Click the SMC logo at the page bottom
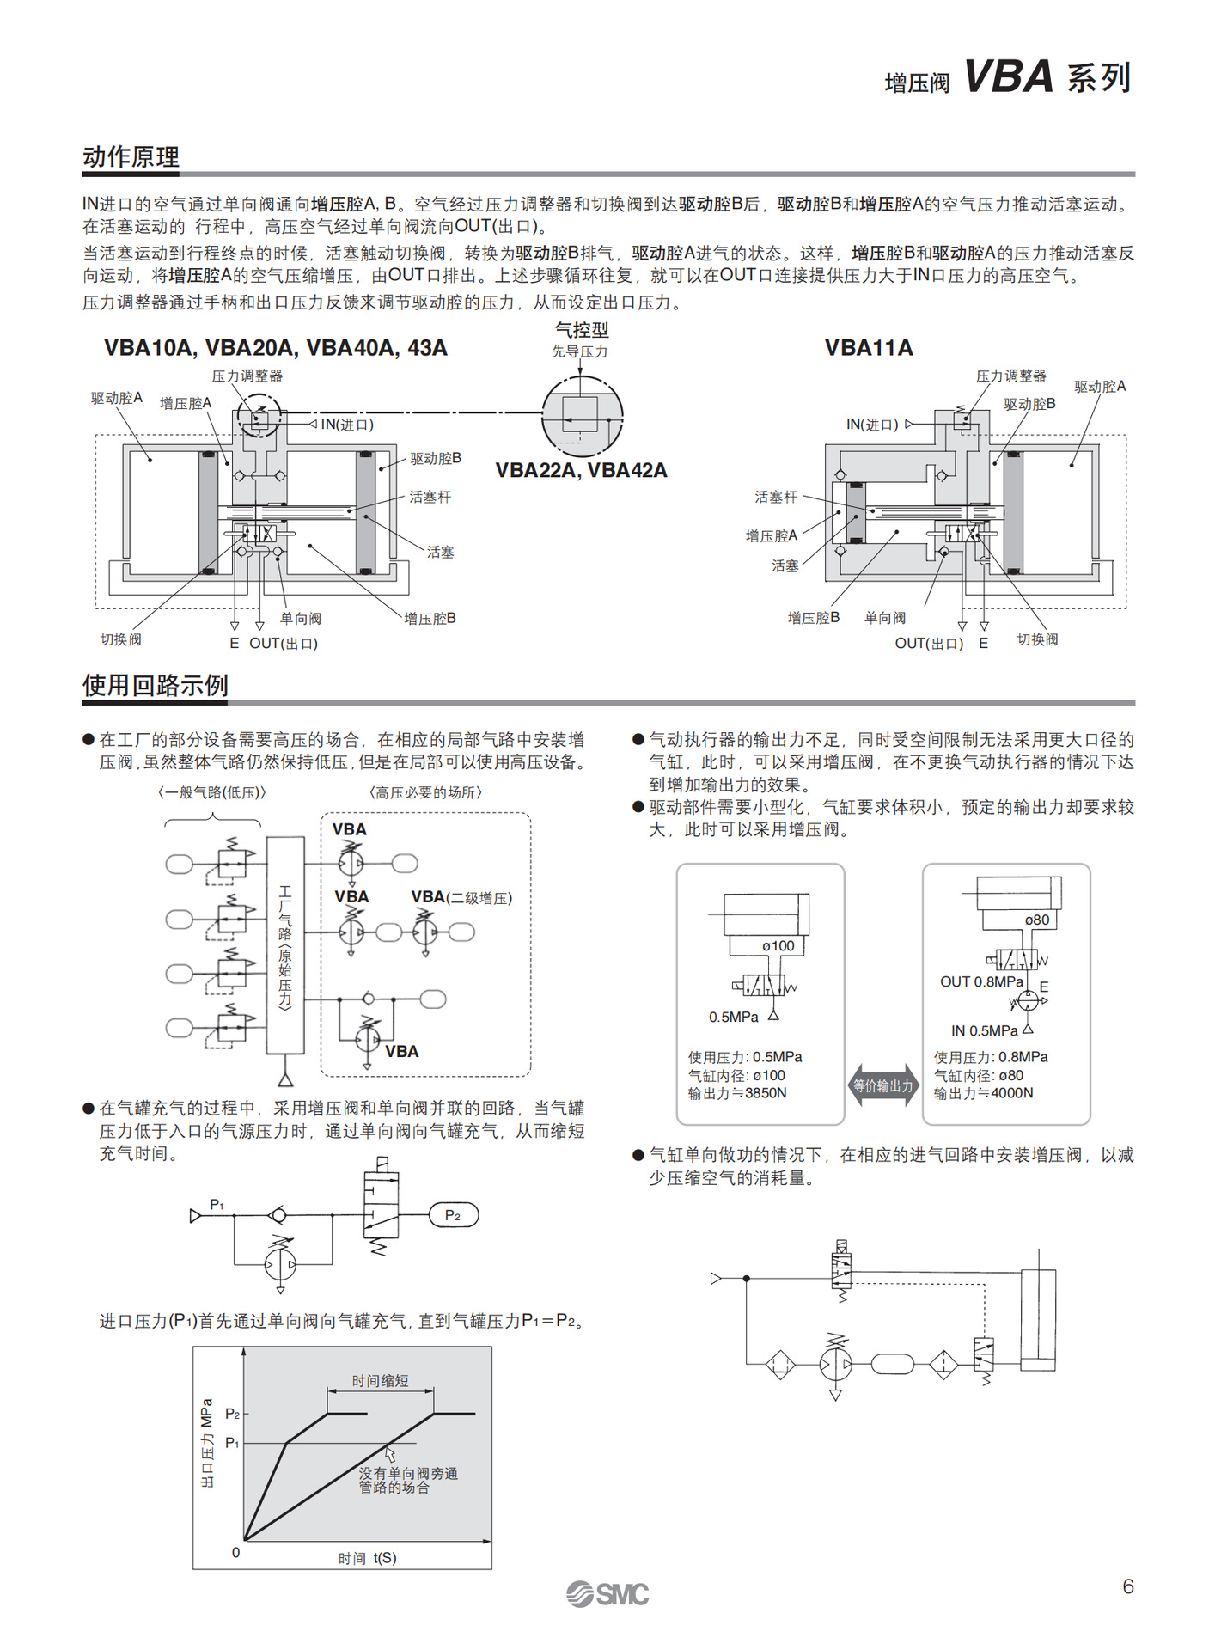[607, 1594]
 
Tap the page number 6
[1128, 1586]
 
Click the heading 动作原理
[131, 157]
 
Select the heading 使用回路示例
[155, 686]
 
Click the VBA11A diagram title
[868, 348]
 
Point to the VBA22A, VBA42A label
[581, 471]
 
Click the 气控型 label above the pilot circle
[582, 330]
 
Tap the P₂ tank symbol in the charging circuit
[453, 1215]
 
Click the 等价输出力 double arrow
[883, 1086]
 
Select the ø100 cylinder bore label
[778, 946]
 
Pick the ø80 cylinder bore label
[1037, 920]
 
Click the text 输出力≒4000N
[983, 1093]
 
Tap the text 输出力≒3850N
[737, 1093]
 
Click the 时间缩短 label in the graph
[380, 1381]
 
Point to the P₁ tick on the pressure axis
[233, 1443]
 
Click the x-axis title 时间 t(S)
[367, 1558]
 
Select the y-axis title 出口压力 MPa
[207, 1443]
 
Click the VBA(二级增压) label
[461, 898]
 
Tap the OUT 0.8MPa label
[981, 982]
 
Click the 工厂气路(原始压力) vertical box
[285, 945]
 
